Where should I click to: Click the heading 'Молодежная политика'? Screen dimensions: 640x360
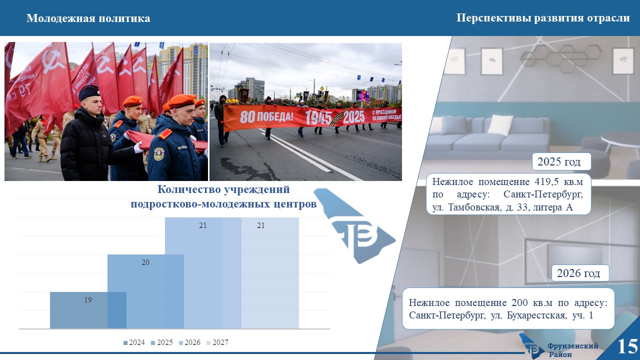click(88, 18)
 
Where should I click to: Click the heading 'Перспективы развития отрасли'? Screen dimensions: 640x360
click(543, 18)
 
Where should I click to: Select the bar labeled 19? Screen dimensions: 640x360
click(88, 310)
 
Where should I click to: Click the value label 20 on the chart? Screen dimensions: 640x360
click(145, 262)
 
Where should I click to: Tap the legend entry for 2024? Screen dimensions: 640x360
click(134, 342)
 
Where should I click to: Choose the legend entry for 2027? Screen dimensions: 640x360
click(217, 342)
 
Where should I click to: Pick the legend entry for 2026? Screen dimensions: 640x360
click(189, 342)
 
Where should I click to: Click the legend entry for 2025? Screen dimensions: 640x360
click(162, 342)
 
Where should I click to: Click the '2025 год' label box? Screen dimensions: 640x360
click(561, 161)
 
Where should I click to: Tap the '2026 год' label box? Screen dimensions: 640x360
click(580, 273)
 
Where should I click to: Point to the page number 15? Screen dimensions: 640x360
click(627, 346)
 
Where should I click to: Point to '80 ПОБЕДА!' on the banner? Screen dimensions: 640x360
click(266, 116)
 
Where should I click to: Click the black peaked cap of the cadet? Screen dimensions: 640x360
click(89, 92)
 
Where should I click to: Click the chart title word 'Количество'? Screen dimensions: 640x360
click(188, 189)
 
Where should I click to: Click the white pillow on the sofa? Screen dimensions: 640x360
click(500, 124)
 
